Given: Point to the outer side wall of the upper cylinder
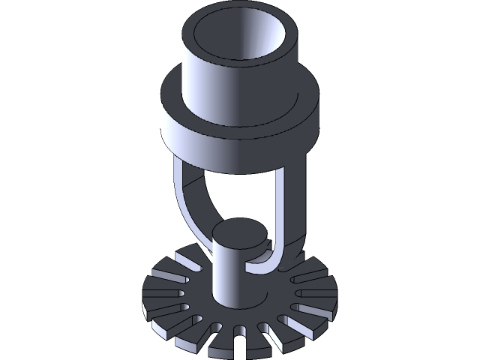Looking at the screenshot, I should (225, 82).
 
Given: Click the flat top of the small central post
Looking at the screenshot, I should (238, 233).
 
